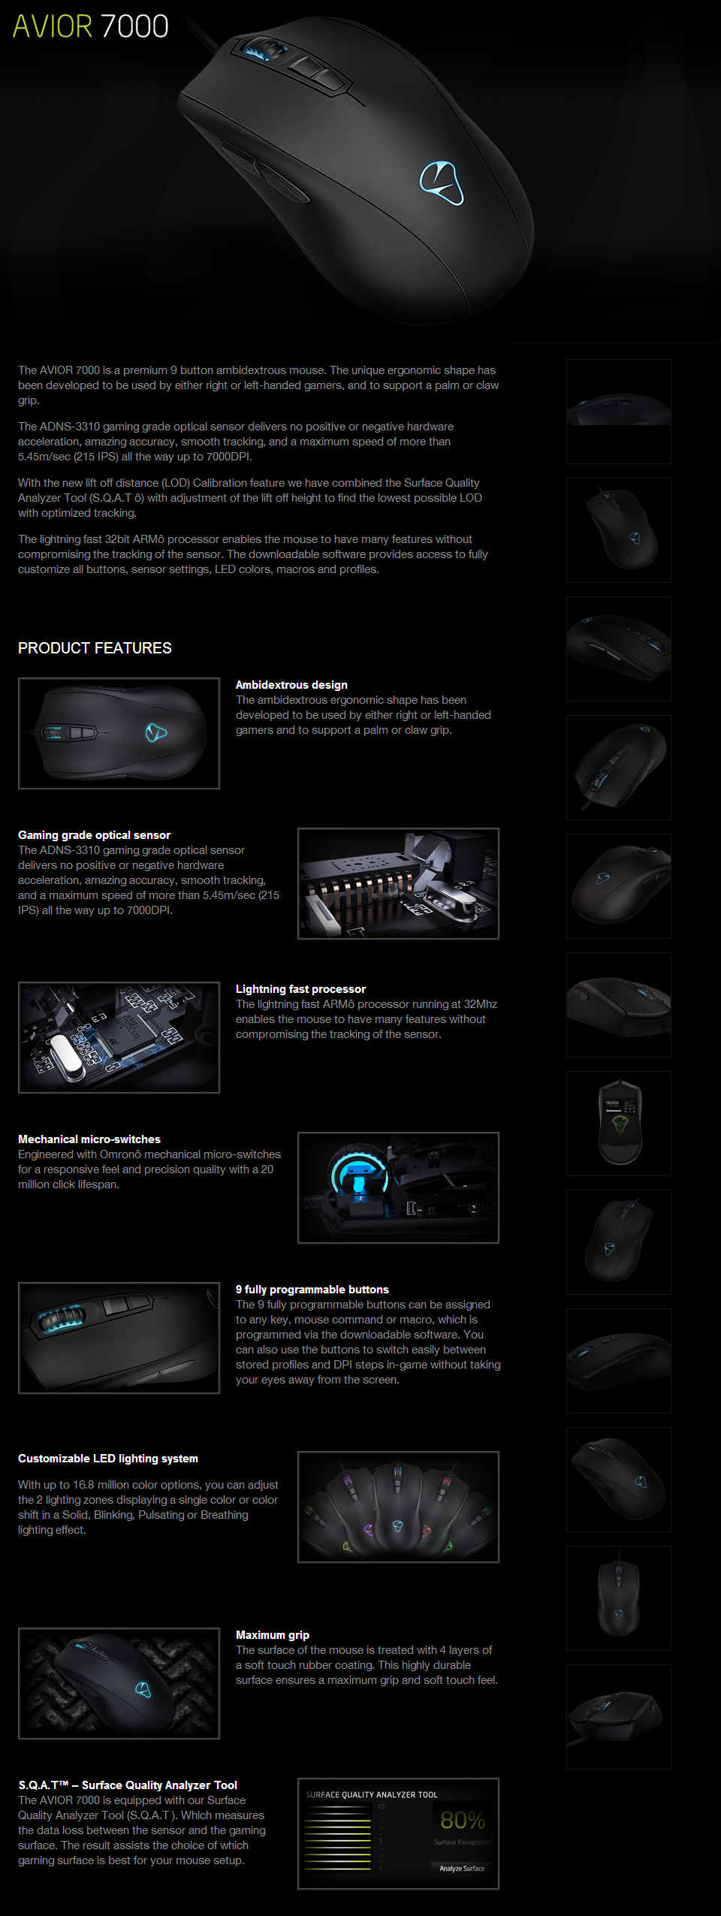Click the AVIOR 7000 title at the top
(90, 26)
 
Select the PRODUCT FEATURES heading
(95, 648)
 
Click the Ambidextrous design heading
(291, 685)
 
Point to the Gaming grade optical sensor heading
(94, 835)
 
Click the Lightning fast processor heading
(300, 989)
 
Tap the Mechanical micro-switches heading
(89, 1139)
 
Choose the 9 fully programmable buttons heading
(312, 1290)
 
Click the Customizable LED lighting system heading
(107, 1459)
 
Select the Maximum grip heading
(272, 1635)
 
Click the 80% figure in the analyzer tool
(462, 1821)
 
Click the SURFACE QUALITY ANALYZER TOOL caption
(371, 1795)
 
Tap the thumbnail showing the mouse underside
(619, 1124)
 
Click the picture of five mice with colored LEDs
(398, 1507)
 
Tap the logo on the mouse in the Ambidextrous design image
(155, 732)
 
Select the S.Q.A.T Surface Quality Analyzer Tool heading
(128, 1785)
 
